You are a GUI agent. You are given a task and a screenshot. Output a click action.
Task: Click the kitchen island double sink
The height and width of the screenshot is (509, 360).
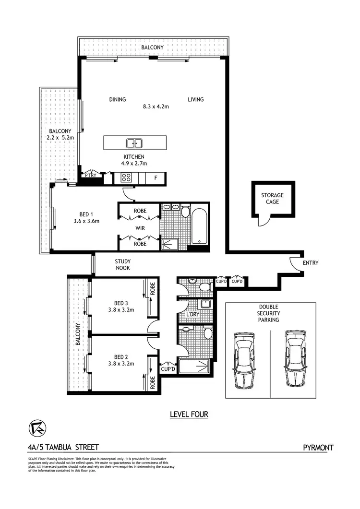click(134, 143)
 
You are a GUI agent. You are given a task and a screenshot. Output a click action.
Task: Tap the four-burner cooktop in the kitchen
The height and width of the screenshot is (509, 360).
click(126, 177)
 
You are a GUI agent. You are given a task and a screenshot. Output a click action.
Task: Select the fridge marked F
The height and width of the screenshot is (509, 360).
click(156, 178)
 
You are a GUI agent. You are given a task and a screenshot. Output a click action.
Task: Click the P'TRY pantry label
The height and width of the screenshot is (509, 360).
click(91, 176)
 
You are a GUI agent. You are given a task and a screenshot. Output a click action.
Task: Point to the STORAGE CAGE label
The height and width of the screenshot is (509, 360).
click(272, 199)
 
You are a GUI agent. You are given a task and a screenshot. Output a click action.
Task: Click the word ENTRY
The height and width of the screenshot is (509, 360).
click(310, 263)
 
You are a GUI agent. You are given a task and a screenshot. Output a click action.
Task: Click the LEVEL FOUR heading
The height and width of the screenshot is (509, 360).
click(189, 414)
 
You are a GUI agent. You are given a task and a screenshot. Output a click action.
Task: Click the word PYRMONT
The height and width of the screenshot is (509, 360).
click(318, 448)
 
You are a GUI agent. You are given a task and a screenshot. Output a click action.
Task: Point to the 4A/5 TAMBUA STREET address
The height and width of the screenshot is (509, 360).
click(63, 448)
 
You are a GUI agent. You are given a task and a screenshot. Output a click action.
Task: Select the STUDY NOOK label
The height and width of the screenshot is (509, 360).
click(123, 265)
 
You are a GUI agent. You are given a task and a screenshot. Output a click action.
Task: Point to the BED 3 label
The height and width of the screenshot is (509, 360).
click(121, 303)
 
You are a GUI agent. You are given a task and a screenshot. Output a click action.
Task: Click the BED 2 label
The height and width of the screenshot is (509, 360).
click(121, 356)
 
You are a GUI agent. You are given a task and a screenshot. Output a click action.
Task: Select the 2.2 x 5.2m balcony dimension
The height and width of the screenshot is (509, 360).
click(61, 138)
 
